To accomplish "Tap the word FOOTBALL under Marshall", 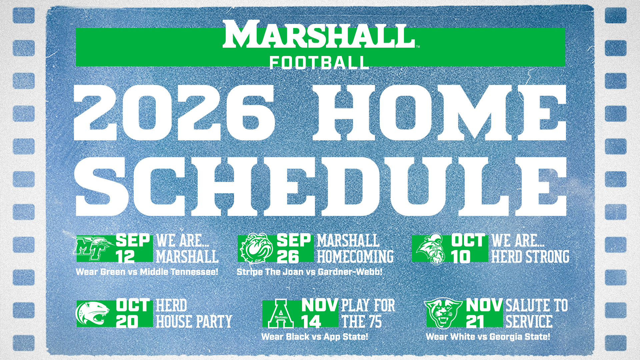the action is point(319,63).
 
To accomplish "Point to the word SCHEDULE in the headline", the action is point(321,187).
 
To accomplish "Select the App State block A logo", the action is point(281,314).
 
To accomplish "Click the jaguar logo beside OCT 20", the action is point(93,313).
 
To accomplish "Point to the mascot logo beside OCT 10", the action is point(431,249).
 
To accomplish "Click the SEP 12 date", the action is point(133,249).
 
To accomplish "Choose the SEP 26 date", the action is point(293,249).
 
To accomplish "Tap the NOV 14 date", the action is point(319,314).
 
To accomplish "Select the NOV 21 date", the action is point(484,314).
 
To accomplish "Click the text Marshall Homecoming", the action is point(355,249).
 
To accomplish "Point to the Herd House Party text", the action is point(194,314).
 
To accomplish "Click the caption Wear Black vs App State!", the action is point(315,337).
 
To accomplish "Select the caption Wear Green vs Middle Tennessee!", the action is point(147,272).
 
